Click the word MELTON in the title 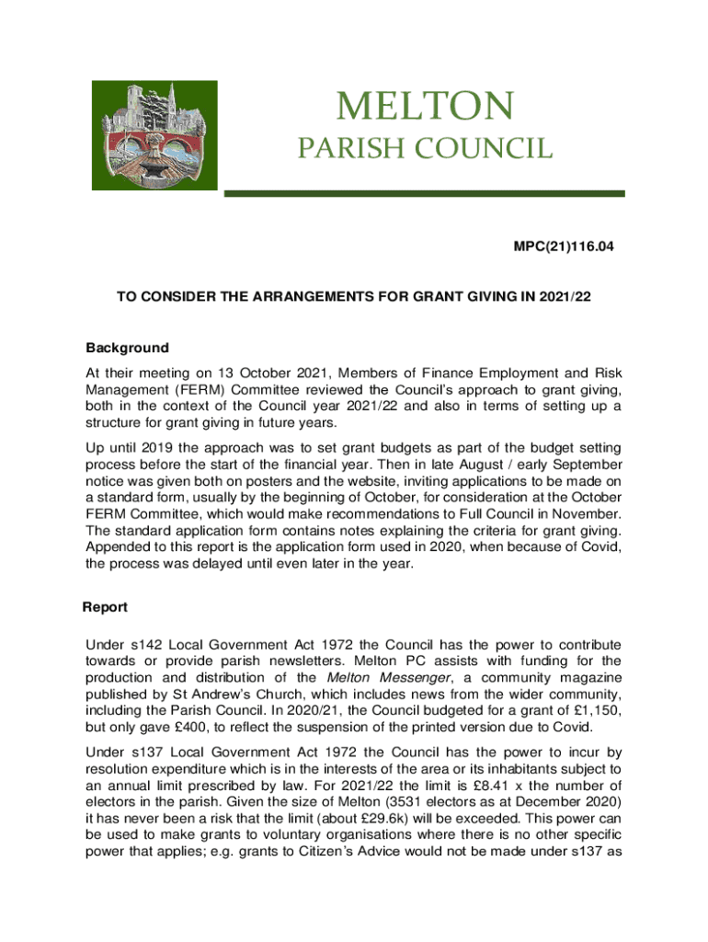425,108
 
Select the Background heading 127,348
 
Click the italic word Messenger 389,678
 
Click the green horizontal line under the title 426,193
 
